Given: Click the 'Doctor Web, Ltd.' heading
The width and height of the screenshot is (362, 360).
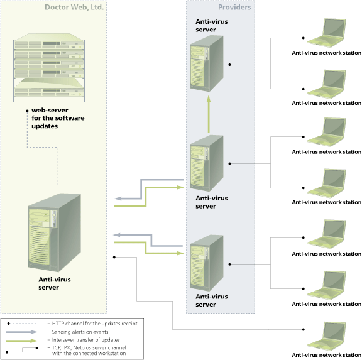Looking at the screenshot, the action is tap(74, 7).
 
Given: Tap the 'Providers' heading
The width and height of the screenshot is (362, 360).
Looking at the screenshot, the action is tap(234, 7).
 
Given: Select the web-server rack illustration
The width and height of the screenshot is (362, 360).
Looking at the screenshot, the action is tap(49, 68).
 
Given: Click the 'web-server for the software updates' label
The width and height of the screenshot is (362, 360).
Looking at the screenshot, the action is tap(58, 118).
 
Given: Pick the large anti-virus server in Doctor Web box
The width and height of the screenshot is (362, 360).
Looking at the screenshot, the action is tap(54, 232).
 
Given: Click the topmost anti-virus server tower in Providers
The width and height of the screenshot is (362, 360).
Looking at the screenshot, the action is tap(207, 63).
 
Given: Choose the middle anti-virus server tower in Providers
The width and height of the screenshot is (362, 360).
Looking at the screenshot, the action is tap(207, 163).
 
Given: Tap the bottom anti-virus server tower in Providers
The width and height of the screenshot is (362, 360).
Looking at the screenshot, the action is tap(207, 263).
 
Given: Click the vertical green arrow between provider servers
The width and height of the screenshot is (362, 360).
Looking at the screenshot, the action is tap(209, 114).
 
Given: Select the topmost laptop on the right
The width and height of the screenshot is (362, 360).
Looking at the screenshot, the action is tap(327, 33).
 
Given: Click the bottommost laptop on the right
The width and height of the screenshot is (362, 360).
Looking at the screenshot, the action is tap(327, 337).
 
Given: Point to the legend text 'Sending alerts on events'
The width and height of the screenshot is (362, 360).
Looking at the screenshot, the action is tap(80, 332).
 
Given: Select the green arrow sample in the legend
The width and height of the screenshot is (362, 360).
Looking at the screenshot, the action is tap(22, 341).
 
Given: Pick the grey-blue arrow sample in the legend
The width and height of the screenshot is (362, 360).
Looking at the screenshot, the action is tap(22, 332).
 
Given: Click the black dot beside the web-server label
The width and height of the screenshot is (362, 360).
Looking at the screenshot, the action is tap(28, 111).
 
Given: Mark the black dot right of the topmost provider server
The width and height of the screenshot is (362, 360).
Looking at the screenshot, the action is tap(229, 65).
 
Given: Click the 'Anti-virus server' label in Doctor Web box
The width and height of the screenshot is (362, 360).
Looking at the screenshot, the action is tap(55, 283).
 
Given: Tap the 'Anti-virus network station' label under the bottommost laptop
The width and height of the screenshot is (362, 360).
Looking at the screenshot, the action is tap(326, 355).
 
